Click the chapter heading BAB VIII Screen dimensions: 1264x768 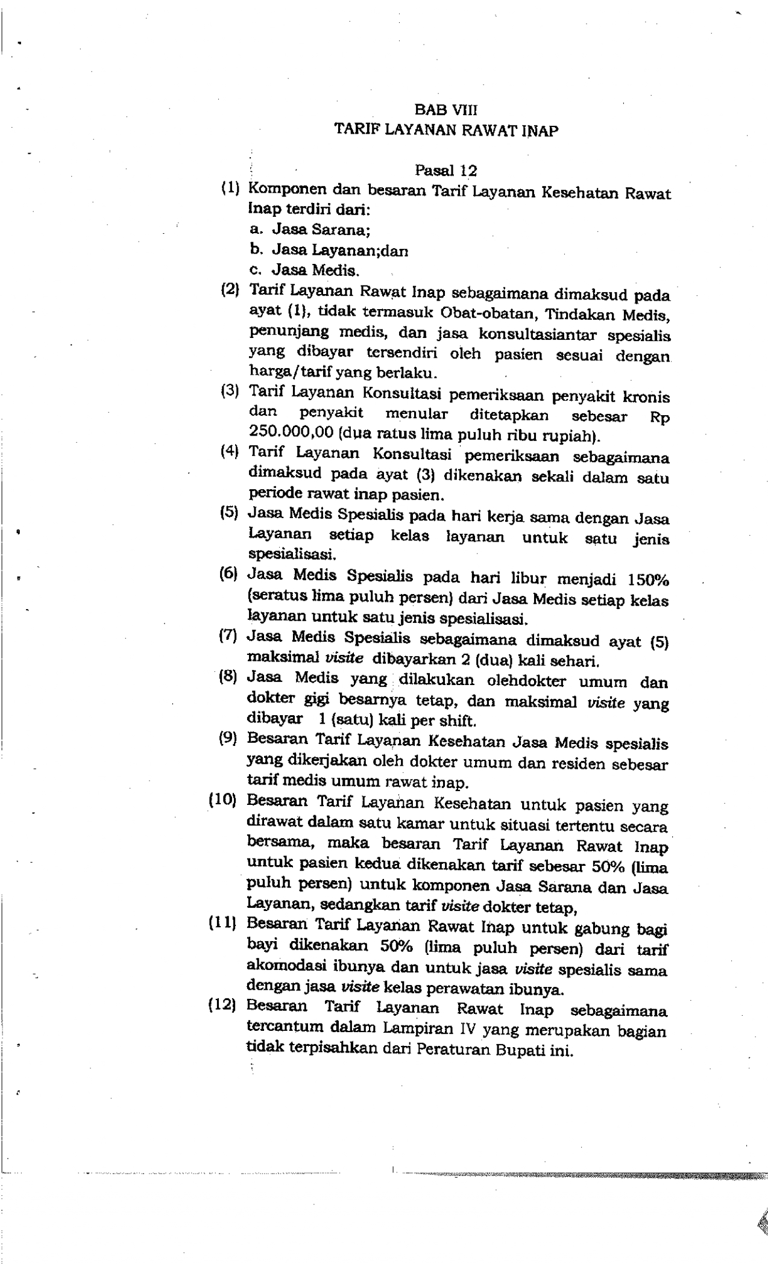[x=446, y=110]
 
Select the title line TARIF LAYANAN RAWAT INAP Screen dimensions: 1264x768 [x=446, y=130]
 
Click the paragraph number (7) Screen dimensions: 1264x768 [x=228, y=636]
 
